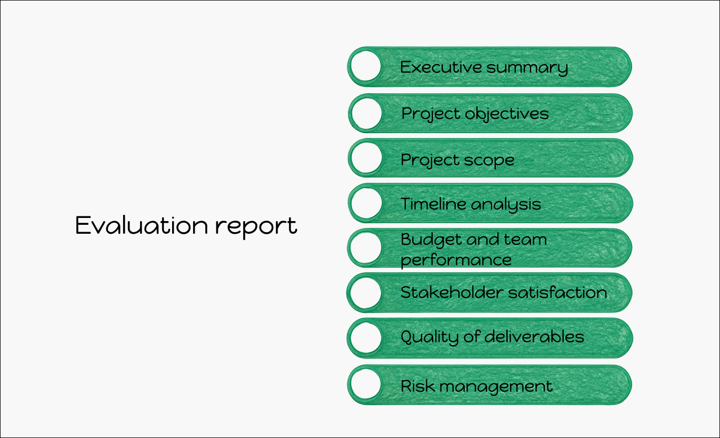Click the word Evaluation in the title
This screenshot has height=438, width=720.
point(142,225)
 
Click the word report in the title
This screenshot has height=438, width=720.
point(256,227)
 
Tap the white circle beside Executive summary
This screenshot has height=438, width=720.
point(366,66)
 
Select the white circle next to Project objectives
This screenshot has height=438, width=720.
point(366,113)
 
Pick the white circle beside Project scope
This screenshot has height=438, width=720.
point(366,158)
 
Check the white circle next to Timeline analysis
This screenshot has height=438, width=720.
point(366,203)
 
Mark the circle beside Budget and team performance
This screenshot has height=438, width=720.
point(366,248)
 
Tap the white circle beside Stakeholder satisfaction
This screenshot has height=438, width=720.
point(366,293)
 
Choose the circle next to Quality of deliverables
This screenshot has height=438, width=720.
point(366,338)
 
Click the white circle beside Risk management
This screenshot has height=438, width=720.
point(366,384)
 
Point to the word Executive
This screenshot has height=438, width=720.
point(442,67)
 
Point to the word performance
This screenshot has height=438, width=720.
point(456,261)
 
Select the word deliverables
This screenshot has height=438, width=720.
point(534,337)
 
